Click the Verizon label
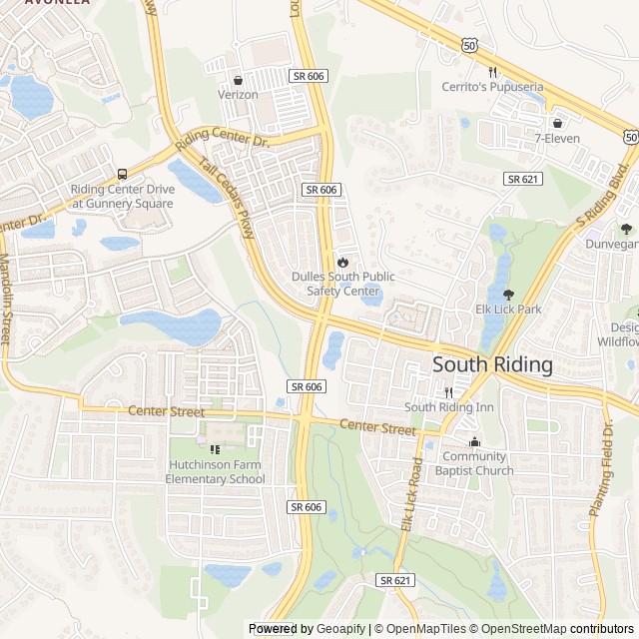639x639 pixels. [238, 95]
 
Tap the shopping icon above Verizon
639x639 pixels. [238, 80]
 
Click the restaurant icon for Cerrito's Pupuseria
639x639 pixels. [493, 72]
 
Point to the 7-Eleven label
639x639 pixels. [557, 138]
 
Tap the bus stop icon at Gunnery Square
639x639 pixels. [123, 174]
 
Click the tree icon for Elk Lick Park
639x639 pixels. [508, 295]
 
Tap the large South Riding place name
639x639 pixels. [492, 364]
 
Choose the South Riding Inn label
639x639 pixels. [449, 407]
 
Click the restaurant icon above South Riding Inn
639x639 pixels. [449, 392]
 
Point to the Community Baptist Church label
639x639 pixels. [474, 464]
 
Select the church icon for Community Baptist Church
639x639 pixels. [474, 442]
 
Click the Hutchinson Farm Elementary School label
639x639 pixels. [216, 471]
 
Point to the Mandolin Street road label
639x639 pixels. [5, 301]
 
